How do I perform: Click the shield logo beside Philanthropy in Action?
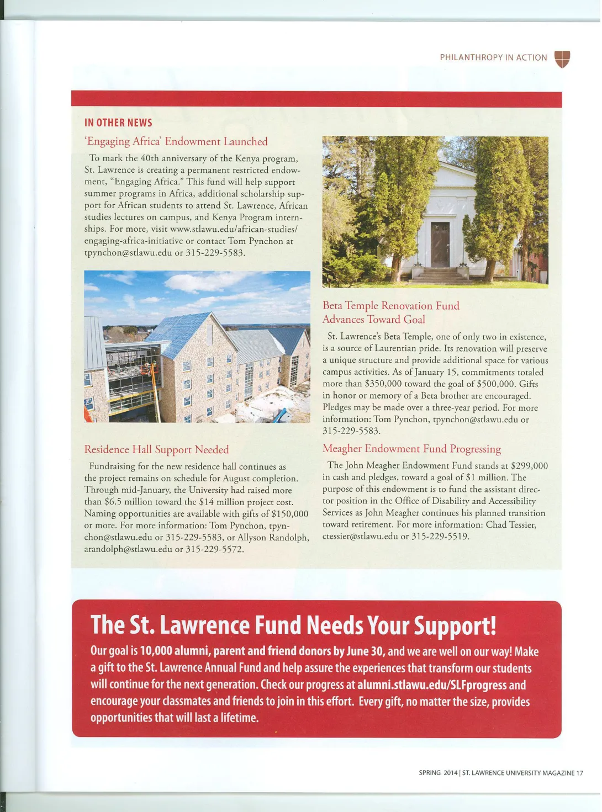pyautogui.click(x=562, y=59)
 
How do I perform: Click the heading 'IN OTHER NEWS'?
pyautogui.click(x=118, y=123)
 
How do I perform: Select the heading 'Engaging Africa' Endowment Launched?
pyautogui.click(x=177, y=141)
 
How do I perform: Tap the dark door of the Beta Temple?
pyautogui.click(x=440, y=245)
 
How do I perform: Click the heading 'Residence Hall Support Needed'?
pyautogui.click(x=156, y=449)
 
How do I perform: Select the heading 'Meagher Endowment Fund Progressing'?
pyautogui.click(x=411, y=448)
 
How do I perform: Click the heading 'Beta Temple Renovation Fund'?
pyautogui.click(x=390, y=305)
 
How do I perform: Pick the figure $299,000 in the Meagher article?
pyautogui.click(x=529, y=466)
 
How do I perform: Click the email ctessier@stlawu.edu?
pyautogui.click(x=360, y=536)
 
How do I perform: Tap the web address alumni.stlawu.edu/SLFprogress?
pyautogui.click(x=431, y=685)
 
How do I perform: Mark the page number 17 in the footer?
pyautogui.click(x=579, y=773)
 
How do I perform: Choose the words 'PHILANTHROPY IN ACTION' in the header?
pyautogui.click(x=493, y=57)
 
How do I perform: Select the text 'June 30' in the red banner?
pyautogui.click(x=365, y=651)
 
